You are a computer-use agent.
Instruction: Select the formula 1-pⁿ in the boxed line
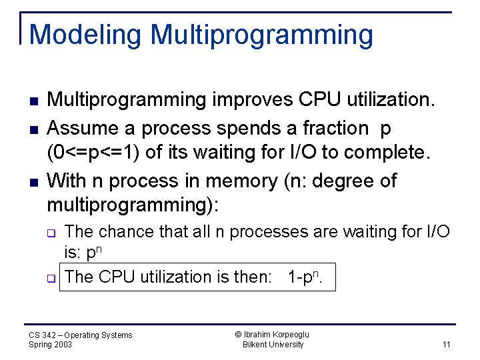tap(305, 277)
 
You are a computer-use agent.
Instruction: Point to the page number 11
tap(446, 344)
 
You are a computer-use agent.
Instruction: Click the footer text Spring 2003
tap(51, 345)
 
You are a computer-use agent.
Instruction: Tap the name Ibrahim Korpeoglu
tap(273, 335)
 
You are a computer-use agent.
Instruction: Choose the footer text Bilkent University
tap(273, 345)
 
